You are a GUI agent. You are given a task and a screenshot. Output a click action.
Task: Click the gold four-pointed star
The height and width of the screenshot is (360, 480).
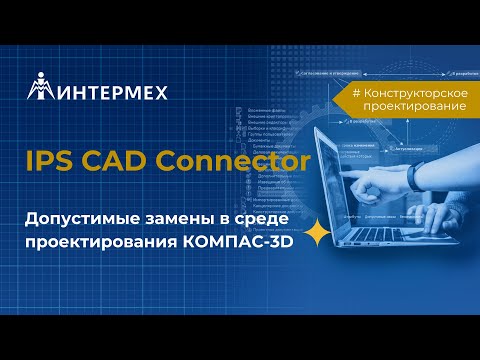318,233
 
